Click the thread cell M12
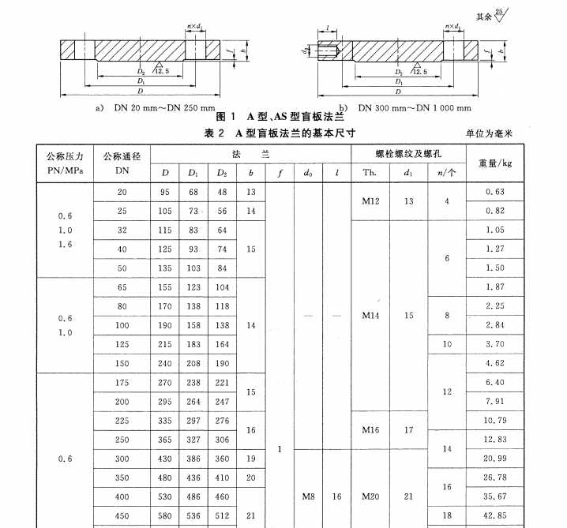tap(371, 201)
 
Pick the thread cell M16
tap(371, 430)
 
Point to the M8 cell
tap(309, 497)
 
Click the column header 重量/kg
tap(495, 163)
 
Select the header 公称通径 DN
tap(122, 163)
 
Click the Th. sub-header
tap(370, 173)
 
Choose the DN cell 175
tap(122, 383)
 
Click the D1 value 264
tap(193, 402)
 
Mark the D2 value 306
tap(222, 440)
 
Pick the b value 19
tap(250, 459)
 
